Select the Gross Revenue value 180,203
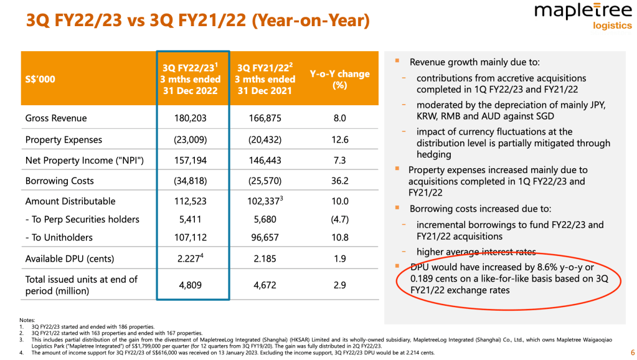click(x=192, y=118)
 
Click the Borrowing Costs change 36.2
click(x=339, y=181)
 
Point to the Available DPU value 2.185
click(x=265, y=258)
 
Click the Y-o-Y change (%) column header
click(x=339, y=80)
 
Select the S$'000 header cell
click(x=42, y=80)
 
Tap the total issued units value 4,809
click(x=192, y=285)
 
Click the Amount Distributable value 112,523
click(x=192, y=202)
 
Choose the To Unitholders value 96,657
click(x=265, y=237)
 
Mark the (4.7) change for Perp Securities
click(x=339, y=219)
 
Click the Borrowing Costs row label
click(x=59, y=181)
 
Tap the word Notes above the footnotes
click(x=27, y=320)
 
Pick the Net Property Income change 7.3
click(x=339, y=161)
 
